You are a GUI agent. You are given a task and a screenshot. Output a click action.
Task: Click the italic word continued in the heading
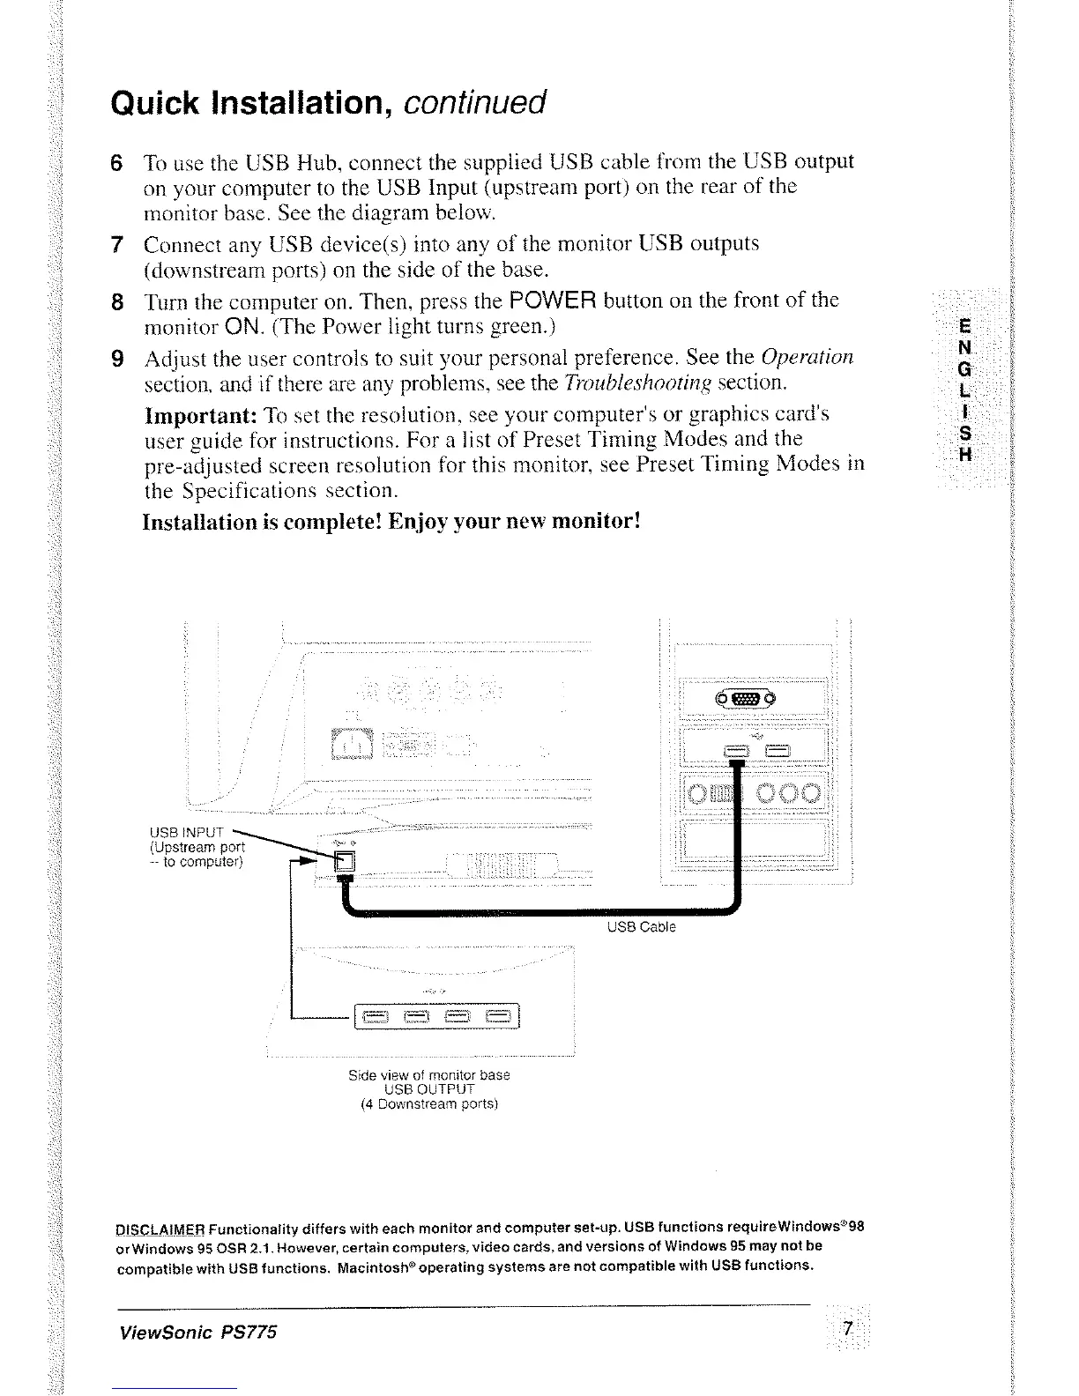pos(475,103)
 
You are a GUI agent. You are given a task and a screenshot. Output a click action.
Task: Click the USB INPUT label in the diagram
pos(189,831)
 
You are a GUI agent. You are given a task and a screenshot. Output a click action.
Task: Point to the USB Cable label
pos(641,926)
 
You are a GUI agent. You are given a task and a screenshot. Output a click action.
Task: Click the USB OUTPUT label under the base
pos(429,1089)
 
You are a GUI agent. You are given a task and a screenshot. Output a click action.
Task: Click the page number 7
pos(847,1330)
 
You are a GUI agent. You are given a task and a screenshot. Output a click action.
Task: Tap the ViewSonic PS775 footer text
pos(198,1332)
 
